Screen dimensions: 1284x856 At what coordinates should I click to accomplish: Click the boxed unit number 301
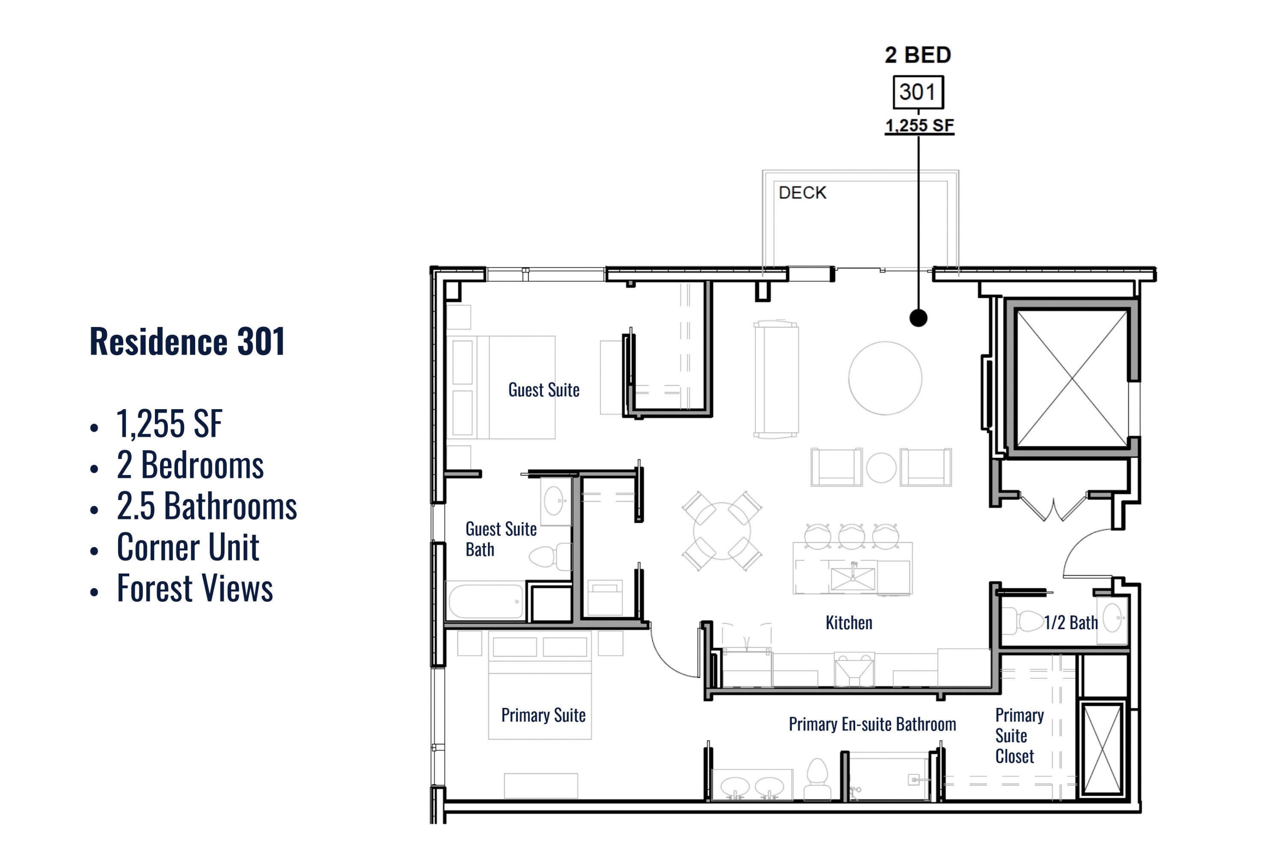[918, 92]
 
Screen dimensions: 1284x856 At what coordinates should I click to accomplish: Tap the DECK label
[802, 193]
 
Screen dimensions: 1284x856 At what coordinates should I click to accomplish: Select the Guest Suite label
[544, 390]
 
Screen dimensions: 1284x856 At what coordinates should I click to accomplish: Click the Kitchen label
[849, 622]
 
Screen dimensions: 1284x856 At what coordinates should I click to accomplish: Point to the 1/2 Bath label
[1070, 622]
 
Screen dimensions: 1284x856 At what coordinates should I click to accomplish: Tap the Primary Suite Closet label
[1019, 735]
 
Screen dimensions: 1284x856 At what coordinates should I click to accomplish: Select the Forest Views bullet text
[195, 588]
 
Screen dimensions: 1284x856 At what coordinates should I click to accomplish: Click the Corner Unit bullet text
[188, 547]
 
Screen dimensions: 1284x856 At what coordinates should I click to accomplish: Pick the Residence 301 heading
[187, 341]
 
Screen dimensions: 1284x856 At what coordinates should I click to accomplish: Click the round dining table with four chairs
[722, 531]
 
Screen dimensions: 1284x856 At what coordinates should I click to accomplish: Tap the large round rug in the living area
[885, 378]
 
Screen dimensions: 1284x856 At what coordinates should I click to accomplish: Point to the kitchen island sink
[853, 579]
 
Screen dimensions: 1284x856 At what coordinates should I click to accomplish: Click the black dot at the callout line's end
[918, 318]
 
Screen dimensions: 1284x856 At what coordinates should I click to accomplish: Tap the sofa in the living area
[776, 379]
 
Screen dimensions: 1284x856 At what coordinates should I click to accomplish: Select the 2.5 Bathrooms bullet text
[207, 505]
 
